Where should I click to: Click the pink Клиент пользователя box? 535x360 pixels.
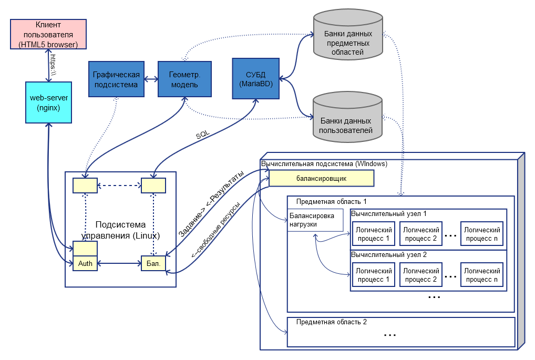[48, 34]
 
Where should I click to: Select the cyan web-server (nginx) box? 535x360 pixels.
[48, 102]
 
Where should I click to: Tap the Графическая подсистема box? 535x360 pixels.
[116, 79]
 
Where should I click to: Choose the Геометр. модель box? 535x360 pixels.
[184, 79]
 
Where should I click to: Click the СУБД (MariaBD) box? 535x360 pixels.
[256, 78]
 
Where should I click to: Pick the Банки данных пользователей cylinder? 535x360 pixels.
[347, 117]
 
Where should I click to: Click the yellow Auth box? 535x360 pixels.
[85, 263]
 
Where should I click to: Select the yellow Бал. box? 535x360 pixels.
[153, 263]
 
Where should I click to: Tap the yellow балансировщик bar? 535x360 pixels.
[322, 179]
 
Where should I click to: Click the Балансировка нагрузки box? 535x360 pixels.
[315, 220]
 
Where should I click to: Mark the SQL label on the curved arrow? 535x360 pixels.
[203, 135]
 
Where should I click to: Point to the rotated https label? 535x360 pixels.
[53, 65]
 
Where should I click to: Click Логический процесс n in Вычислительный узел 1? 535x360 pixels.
[482, 234]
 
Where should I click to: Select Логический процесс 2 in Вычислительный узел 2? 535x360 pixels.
[421, 275]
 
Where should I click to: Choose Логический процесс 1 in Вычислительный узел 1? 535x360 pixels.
[374, 234]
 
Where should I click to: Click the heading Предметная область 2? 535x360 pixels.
[331, 322]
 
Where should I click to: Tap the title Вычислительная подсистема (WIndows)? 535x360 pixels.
[324, 164]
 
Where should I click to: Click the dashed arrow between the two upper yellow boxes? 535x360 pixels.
[119, 186]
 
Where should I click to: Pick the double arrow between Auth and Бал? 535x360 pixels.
[119, 263]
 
